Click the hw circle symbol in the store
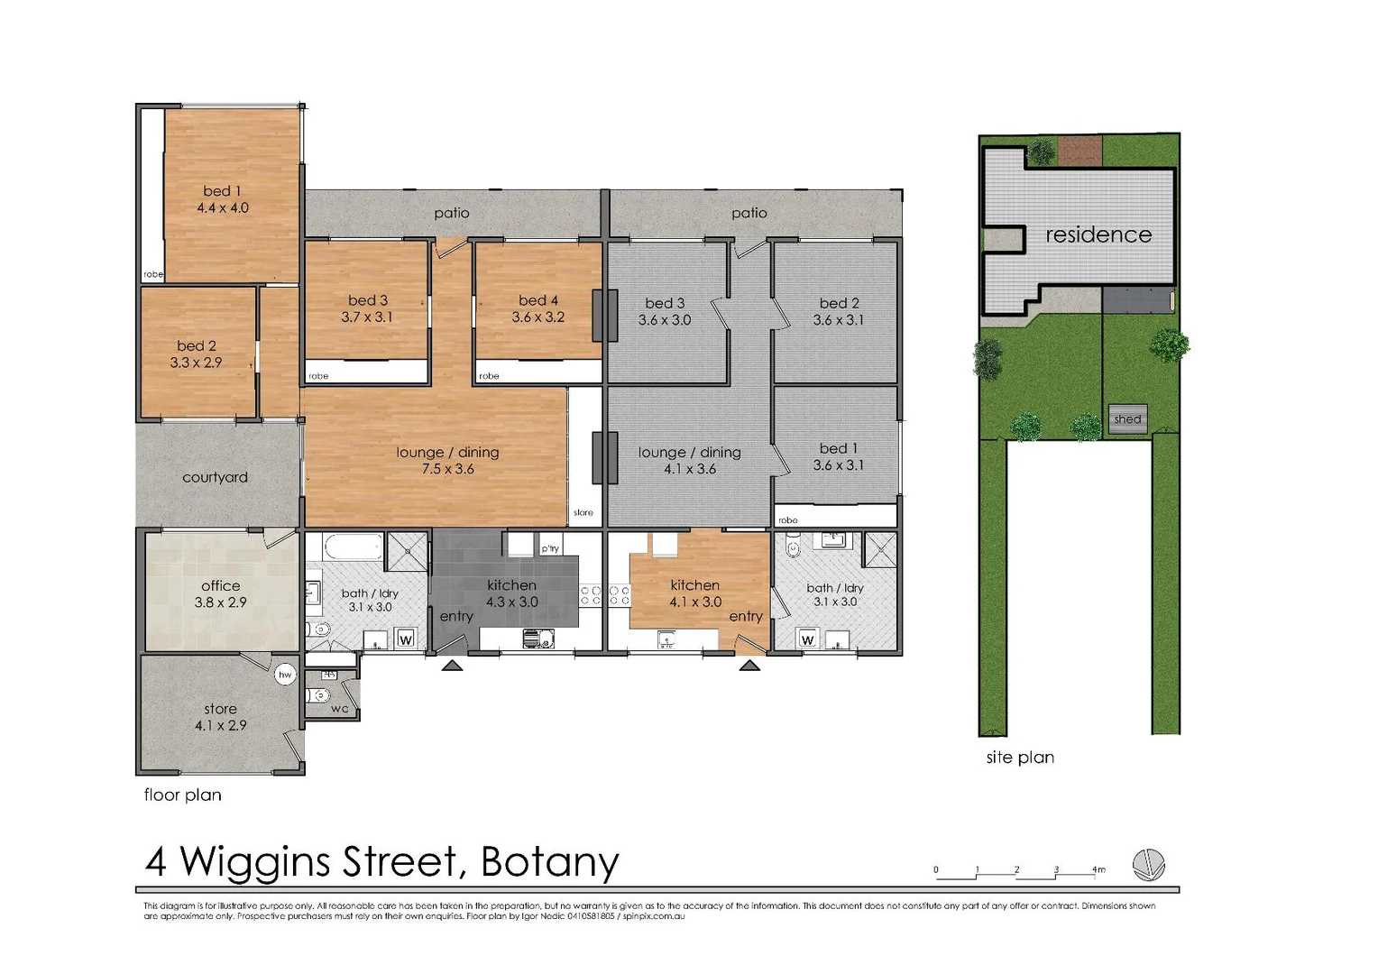[285, 675]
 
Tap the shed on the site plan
[1127, 419]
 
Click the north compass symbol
[1149, 865]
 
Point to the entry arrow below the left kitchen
[452, 666]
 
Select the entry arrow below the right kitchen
[749, 666]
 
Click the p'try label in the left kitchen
[550, 548]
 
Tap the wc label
[340, 708]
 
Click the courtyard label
[216, 477]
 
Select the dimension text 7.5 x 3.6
[448, 469]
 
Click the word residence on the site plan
[1098, 234]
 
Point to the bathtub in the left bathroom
[354, 547]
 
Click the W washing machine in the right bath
[808, 640]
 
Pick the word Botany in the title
[549, 863]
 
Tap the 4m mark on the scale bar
[1098, 869]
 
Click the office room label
[220, 586]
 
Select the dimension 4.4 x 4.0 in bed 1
[223, 208]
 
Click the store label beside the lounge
[583, 512]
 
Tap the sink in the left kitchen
[538, 639]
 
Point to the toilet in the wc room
[318, 695]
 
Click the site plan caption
[1020, 758]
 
